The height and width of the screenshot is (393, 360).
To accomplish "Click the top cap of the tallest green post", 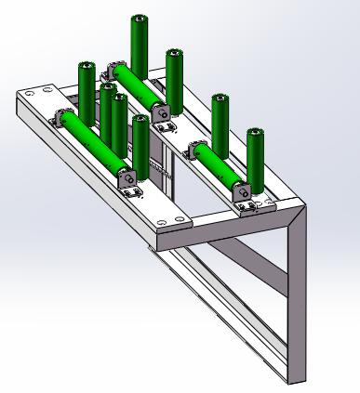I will (140, 20).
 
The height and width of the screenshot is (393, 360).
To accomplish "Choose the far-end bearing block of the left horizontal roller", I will (66, 118).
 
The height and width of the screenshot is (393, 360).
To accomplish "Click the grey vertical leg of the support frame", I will (294, 297).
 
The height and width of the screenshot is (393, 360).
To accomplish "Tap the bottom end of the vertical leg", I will (293, 376).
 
